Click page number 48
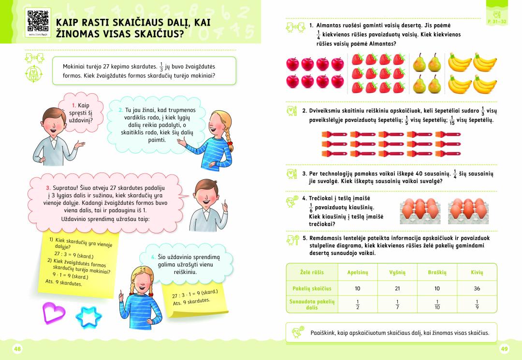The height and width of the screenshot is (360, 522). click(x=17, y=349)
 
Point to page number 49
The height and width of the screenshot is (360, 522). click(x=505, y=349)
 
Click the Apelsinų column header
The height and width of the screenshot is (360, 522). click(x=357, y=273)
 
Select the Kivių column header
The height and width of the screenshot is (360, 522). click(x=477, y=273)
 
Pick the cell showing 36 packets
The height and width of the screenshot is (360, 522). click(x=477, y=288)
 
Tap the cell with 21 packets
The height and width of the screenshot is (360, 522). click(x=397, y=288)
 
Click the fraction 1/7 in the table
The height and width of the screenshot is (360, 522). click(x=397, y=304)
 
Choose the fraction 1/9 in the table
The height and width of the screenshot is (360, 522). click(x=477, y=304)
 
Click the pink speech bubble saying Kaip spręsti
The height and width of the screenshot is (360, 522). click(x=80, y=112)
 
